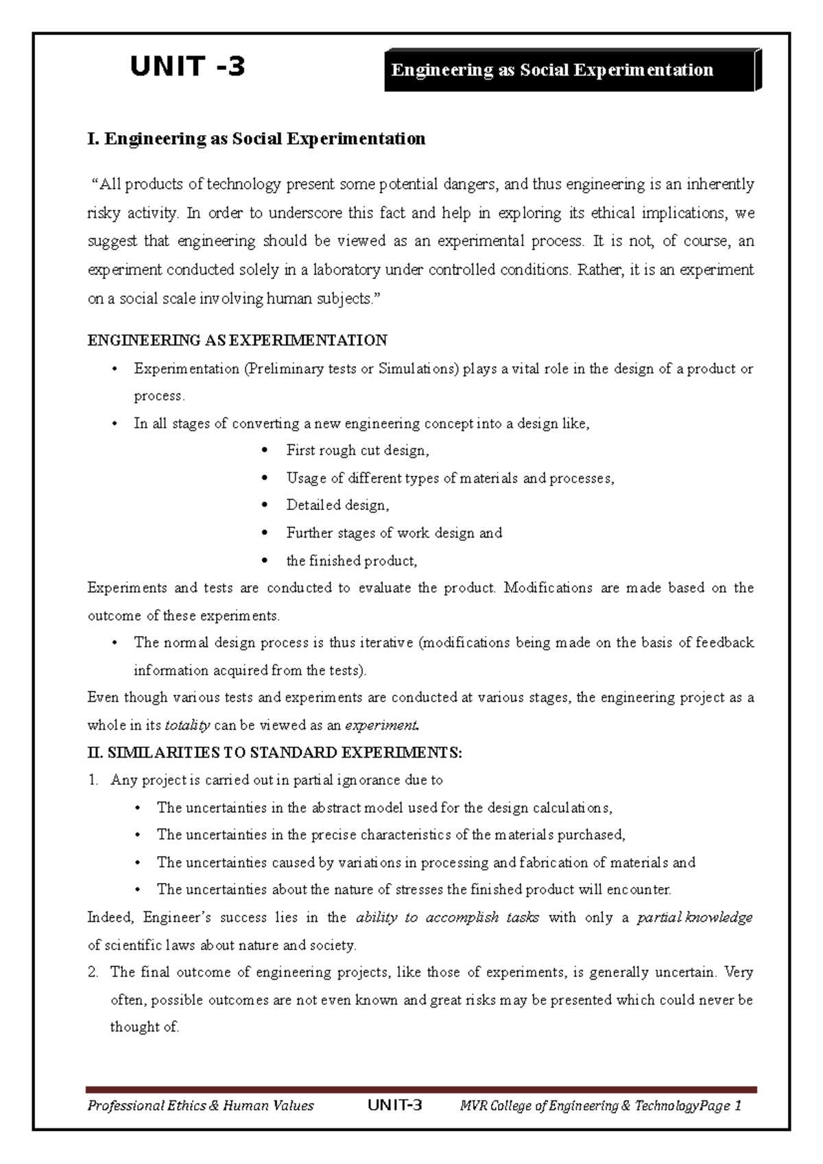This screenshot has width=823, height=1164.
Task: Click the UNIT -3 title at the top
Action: (x=187, y=66)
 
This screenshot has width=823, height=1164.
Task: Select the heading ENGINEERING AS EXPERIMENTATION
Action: (x=237, y=340)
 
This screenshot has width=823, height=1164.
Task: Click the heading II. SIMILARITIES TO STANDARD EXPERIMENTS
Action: (x=275, y=753)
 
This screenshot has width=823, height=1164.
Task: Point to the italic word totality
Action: (x=187, y=725)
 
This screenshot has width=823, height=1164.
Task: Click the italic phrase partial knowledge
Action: (x=694, y=917)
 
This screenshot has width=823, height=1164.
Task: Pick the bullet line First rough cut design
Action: (x=357, y=450)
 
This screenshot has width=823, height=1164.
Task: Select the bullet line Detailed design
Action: (x=337, y=505)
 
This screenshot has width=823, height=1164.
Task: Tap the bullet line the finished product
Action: (x=351, y=561)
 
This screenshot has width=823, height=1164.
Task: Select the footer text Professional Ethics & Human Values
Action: (x=200, y=1105)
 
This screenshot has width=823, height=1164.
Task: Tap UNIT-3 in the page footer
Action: (x=395, y=1105)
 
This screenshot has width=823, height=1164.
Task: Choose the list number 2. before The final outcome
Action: (x=94, y=972)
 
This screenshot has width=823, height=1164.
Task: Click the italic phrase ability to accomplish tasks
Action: (x=447, y=917)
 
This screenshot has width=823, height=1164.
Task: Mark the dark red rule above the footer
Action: (x=421, y=1089)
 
